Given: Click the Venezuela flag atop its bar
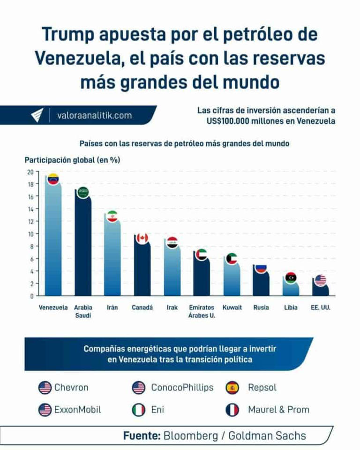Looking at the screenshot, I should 53,179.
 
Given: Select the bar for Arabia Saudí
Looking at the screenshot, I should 83,248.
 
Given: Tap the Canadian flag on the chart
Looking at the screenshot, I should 142,238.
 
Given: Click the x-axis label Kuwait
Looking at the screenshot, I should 232,308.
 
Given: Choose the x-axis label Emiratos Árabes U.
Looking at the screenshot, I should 202,311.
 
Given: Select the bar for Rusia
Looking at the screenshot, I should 261,284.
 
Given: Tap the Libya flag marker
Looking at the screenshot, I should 291,277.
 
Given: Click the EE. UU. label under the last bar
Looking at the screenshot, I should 320,308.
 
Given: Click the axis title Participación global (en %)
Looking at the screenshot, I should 72,160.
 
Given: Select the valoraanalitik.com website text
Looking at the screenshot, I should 94,115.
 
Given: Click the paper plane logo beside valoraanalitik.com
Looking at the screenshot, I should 37,115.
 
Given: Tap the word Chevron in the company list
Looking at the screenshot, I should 71,388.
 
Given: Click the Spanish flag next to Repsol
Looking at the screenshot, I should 232,388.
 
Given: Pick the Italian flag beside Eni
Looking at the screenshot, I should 138,410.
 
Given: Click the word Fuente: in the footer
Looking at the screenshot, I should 142,436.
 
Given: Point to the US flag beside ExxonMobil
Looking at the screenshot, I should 45,410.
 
